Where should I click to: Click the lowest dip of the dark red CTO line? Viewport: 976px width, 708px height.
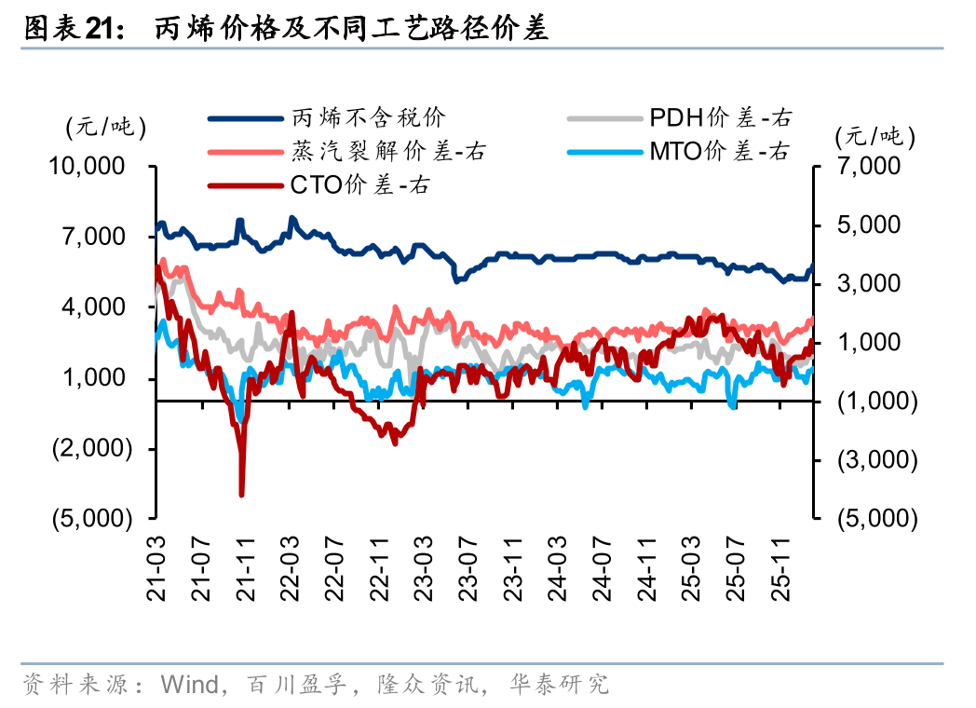point(242,494)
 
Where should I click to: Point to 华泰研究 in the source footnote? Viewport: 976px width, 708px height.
point(560,686)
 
